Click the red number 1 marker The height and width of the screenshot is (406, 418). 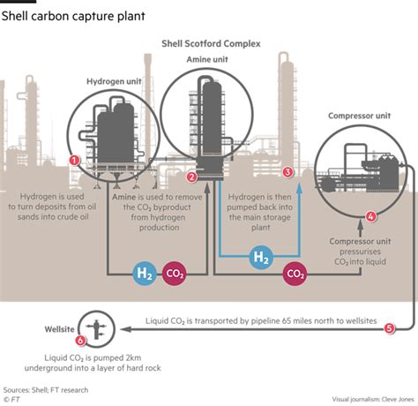pyautogui.click(x=74, y=161)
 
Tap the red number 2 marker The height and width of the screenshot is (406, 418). pyautogui.click(x=192, y=177)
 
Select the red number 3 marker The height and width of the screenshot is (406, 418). pyautogui.click(x=287, y=172)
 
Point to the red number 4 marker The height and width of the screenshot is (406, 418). pyautogui.click(x=371, y=217)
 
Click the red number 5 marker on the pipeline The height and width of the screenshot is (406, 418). pyautogui.click(x=390, y=328)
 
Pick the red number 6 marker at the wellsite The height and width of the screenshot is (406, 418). pyautogui.click(x=80, y=341)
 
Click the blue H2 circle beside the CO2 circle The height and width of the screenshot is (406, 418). pyautogui.click(x=145, y=274)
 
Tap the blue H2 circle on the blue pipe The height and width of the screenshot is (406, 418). pyautogui.click(x=261, y=257)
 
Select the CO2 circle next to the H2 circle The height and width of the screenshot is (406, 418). pyautogui.click(x=175, y=274)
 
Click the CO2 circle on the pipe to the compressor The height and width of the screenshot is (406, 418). pyautogui.click(x=295, y=274)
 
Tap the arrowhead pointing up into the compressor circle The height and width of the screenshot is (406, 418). pyautogui.click(x=361, y=225)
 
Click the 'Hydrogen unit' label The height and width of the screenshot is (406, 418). pyautogui.click(x=114, y=81)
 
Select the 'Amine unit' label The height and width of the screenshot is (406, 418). pyautogui.click(x=207, y=59)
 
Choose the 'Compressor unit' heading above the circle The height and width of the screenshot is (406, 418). pyautogui.click(x=360, y=116)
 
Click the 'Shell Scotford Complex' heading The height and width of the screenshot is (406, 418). pyautogui.click(x=211, y=43)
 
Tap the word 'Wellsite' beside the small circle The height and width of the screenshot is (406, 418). pyautogui.click(x=59, y=329)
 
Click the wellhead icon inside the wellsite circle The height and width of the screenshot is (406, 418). pyautogui.click(x=96, y=329)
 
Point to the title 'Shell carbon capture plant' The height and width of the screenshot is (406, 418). pyautogui.click(x=73, y=16)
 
